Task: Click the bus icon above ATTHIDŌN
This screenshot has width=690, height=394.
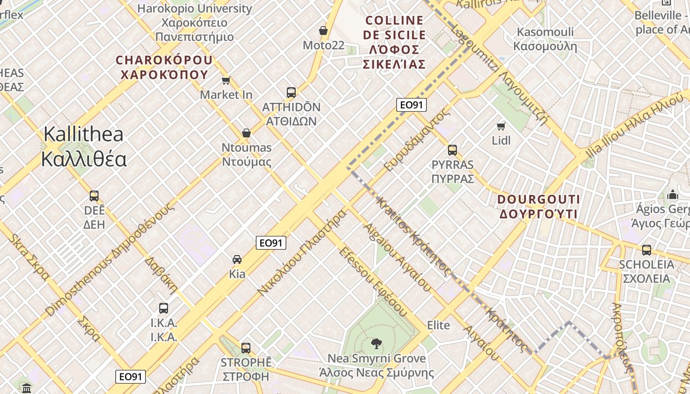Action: tap(291, 92)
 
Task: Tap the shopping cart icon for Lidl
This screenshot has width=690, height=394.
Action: tap(501, 126)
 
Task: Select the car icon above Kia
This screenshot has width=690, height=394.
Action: tap(237, 260)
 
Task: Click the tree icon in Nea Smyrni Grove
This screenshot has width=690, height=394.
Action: tap(377, 343)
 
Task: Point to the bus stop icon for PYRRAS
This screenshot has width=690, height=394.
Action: tap(452, 150)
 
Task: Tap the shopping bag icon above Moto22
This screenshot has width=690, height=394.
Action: tap(323, 31)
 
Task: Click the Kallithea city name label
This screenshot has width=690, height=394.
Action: tap(83, 147)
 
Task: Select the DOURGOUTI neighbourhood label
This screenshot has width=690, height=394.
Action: tap(538, 206)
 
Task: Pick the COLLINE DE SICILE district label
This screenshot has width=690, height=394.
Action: tap(394, 42)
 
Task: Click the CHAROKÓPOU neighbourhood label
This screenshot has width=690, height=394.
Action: tap(164, 67)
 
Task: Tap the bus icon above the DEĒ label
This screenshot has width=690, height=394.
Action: tap(94, 196)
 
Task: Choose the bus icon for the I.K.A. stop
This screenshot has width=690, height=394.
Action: tap(164, 308)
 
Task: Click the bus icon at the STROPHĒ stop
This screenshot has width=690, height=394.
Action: tap(246, 348)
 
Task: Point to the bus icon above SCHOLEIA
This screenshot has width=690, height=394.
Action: tap(647, 250)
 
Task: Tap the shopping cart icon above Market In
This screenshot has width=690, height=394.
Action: tap(226, 80)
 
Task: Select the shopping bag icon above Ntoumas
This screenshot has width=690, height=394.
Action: tap(246, 133)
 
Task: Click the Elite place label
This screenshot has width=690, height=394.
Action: tap(438, 325)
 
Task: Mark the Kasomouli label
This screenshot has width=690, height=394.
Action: tap(545, 39)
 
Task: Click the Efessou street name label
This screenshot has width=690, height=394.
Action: tap(373, 281)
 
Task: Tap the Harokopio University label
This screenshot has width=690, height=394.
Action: tap(194, 22)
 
